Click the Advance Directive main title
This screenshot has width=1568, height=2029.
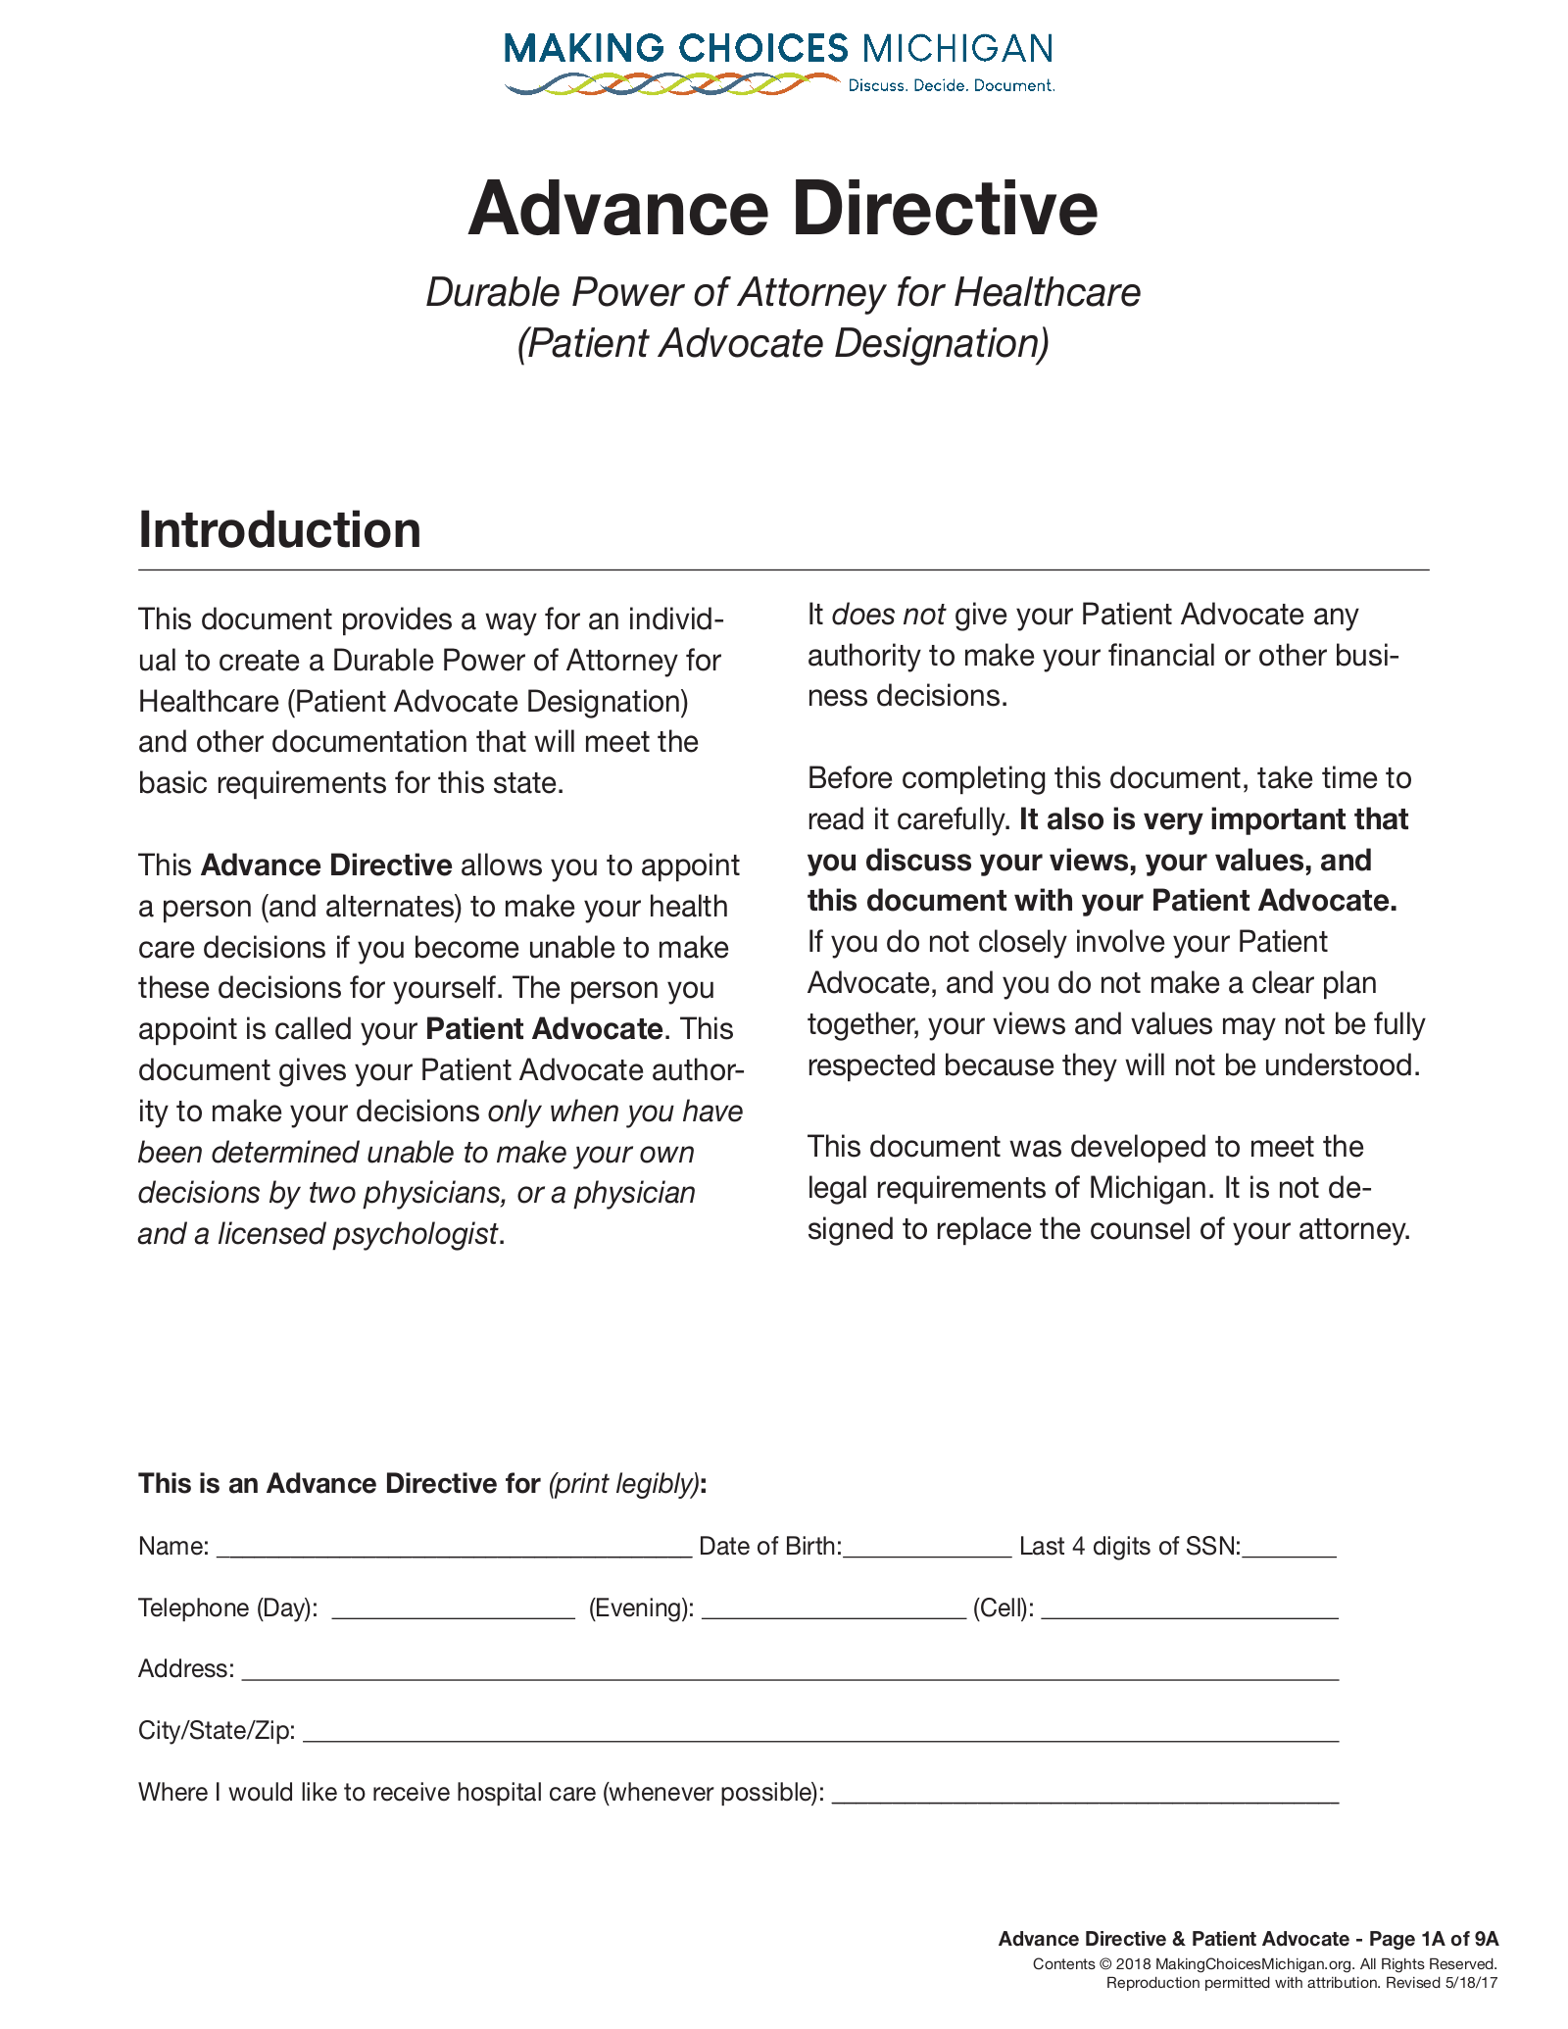783,209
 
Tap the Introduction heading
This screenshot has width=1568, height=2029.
279,530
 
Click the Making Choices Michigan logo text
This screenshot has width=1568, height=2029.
778,48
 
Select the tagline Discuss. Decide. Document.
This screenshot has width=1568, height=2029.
951,86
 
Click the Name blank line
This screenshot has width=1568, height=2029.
454,1549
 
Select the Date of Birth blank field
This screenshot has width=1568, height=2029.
927,1549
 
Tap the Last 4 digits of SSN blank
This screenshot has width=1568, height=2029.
1289,1549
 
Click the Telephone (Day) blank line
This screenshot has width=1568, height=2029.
453,1610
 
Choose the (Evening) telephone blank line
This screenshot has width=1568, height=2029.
833,1610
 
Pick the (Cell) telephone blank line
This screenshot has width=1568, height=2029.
1189,1610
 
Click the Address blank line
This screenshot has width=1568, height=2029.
789,1671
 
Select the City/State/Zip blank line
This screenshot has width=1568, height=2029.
820,1733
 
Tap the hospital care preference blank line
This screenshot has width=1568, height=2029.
1084,1795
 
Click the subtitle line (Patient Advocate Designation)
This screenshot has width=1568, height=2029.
783,344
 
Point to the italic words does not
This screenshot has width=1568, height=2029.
888,616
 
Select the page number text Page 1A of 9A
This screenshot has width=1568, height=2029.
1434,1939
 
